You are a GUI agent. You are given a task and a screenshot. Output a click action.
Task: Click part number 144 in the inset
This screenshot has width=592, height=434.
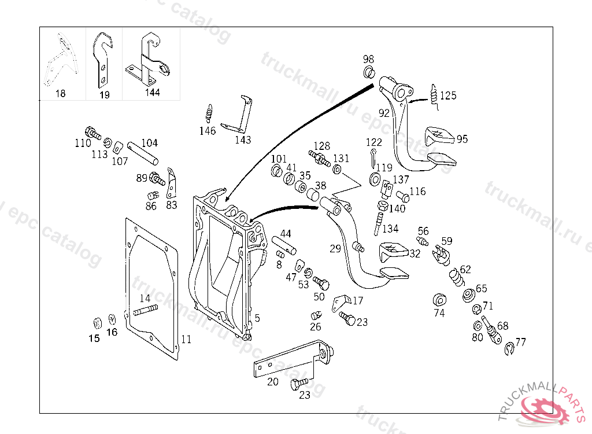[x=153, y=92]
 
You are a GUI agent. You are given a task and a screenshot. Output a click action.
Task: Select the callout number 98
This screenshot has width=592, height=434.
[x=368, y=59]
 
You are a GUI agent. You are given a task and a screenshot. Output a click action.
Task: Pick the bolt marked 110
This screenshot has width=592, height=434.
[x=92, y=133]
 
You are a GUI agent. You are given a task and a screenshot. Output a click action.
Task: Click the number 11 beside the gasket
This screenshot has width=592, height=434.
[x=185, y=339]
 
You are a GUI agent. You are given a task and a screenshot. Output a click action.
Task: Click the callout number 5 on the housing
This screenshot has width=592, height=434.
[x=257, y=318]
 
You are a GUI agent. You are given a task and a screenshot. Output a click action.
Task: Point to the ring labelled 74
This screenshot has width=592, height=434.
[x=439, y=300]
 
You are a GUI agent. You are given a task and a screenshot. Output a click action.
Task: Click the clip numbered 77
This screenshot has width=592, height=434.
[x=508, y=349]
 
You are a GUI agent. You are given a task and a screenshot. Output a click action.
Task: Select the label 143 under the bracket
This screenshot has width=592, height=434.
[x=243, y=139]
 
